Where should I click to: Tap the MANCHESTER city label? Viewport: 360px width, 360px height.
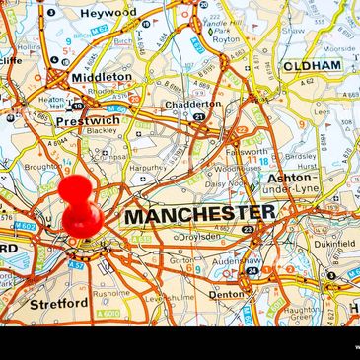200,213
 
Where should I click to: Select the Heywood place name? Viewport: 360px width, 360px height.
108,13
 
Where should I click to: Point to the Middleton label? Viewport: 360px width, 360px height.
101,76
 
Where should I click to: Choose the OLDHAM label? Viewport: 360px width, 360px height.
313,66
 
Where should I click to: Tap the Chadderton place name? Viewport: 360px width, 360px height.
193,104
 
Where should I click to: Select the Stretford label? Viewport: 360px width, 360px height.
59,304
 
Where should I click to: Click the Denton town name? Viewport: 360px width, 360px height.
226,294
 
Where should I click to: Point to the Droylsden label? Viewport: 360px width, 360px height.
200,237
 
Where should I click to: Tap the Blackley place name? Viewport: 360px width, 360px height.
101,131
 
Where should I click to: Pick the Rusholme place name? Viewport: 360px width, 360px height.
110,293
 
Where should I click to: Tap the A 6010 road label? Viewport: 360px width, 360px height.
109,314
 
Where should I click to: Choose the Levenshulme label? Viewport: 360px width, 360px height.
166,297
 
